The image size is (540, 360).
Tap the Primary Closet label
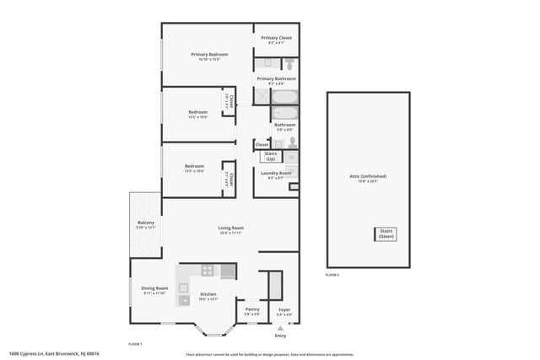click(x=276, y=39)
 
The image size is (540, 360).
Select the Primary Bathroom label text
click(x=276, y=79)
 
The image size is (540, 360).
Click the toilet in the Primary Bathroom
click(x=289, y=63)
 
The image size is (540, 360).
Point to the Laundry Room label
click(x=275, y=174)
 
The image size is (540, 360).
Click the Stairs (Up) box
click(x=271, y=156)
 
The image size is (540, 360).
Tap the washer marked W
click(x=292, y=157)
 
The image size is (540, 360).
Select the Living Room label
click(x=230, y=229)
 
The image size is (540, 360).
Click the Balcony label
click(x=146, y=224)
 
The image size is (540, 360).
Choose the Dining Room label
click(x=154, y=290)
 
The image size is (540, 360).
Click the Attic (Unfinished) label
click(x=368, y=177)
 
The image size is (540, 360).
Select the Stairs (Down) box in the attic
click(x=387, y=234)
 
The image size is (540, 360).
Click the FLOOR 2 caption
click(x=332, y=276)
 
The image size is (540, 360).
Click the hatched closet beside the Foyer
click(x=274, y=286)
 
